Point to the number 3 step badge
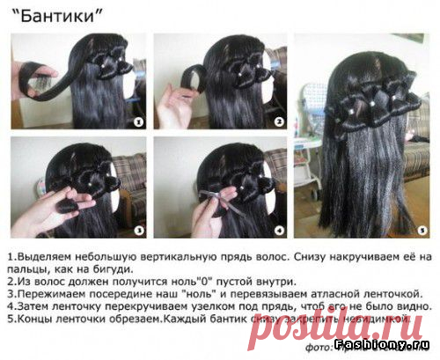click(135, 230)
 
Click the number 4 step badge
click(278, 231)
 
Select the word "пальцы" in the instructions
click(26, 268)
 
